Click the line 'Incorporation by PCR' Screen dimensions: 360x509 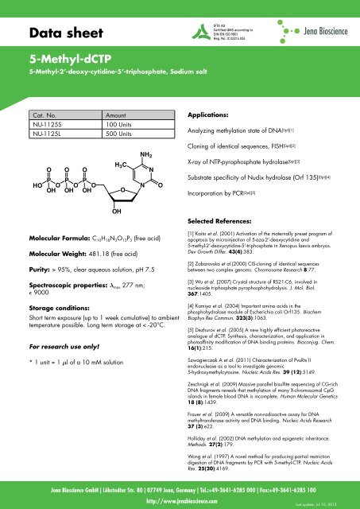click(x=233, y=215)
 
